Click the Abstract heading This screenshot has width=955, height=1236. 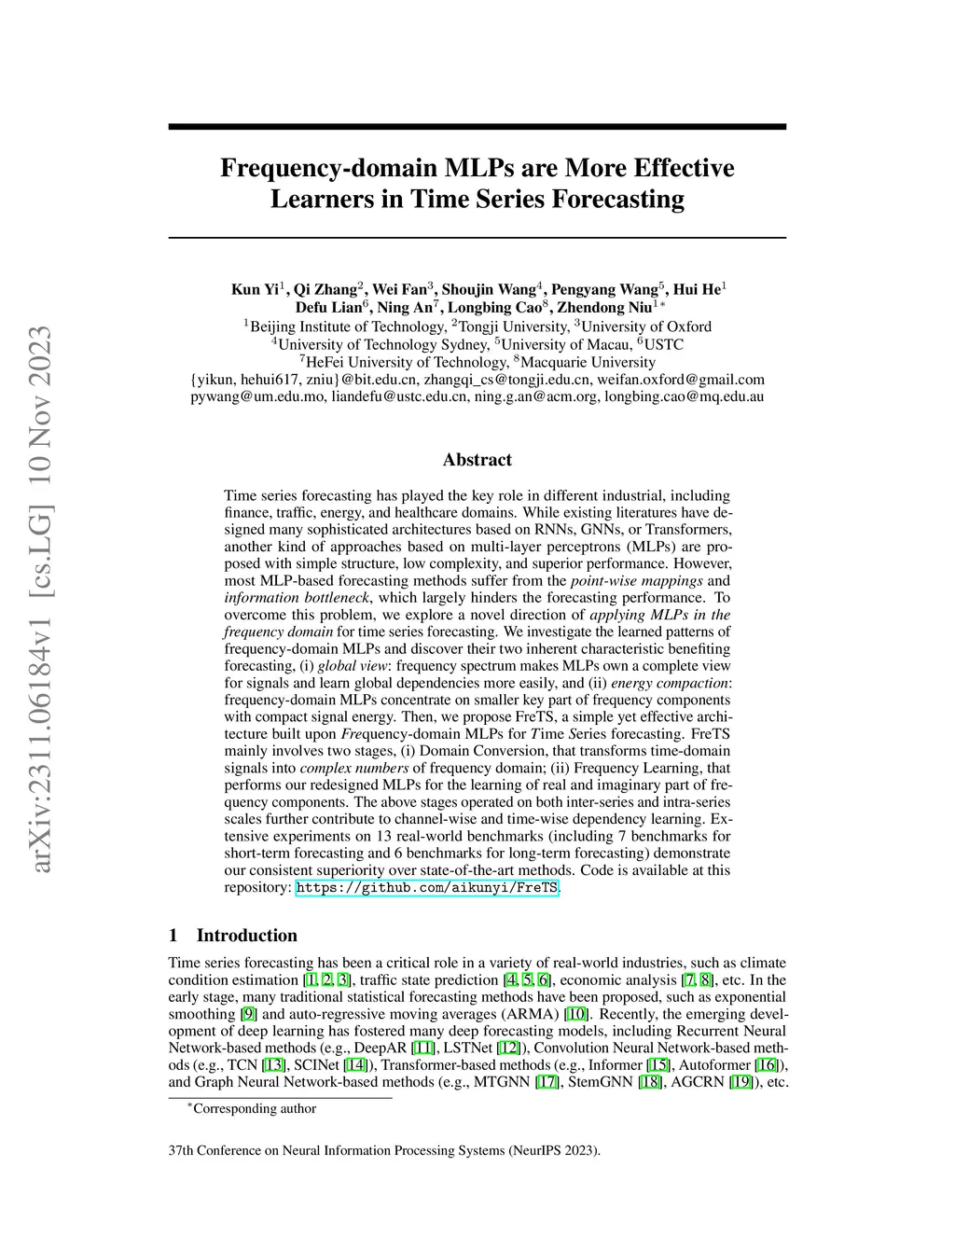477,460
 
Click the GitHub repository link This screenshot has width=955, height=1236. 427,888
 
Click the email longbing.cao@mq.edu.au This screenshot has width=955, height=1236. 684,396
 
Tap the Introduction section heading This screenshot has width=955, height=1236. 246,936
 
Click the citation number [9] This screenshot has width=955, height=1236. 248,1014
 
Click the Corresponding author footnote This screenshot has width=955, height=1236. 254,1109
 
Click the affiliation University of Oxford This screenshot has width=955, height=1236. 645,326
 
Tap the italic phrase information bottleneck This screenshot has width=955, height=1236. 298,598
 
